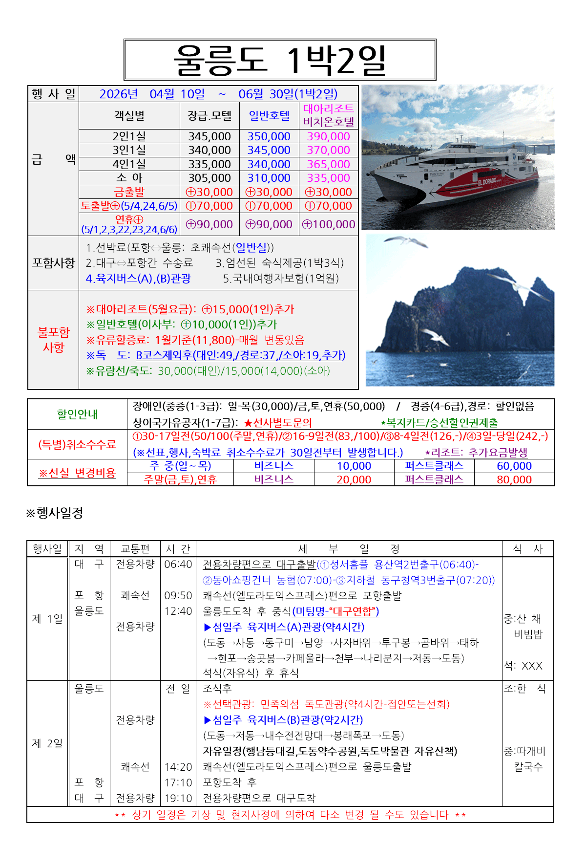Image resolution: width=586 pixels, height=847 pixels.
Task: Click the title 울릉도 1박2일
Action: coord(280,60)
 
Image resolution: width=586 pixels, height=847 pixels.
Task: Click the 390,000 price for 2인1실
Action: coord(328,136)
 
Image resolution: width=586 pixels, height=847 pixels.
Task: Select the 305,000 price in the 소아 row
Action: coord(209,178)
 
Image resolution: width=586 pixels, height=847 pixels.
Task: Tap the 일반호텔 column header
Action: coord(269,116)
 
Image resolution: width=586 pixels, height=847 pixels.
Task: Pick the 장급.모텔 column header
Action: coord(209,116)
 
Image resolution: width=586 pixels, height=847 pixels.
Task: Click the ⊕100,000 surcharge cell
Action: coord(328,224)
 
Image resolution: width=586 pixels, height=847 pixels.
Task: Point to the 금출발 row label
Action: coord(129,192)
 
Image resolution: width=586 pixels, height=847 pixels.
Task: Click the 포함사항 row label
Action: coord(53,263)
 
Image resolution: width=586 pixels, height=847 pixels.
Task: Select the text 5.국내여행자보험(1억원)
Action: coord(281,279)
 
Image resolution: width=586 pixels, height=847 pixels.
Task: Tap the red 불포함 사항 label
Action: coord(53,340)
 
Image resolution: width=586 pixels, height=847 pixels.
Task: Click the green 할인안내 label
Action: coord(77,414)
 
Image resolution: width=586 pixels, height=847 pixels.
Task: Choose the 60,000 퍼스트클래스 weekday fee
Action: coord(514,466)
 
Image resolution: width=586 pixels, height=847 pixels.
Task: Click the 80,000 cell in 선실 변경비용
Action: coord(514,480)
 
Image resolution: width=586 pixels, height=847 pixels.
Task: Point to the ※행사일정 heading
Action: coord(55,513)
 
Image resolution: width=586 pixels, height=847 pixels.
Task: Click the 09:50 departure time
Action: coord(178,596)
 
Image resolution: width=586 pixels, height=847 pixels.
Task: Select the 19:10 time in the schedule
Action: coord(178,798)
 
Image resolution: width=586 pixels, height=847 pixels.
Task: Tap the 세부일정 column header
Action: coord(349,549)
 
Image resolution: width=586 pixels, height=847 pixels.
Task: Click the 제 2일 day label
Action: coord(47,743)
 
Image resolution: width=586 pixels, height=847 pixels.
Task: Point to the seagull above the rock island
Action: coord(405,241)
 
